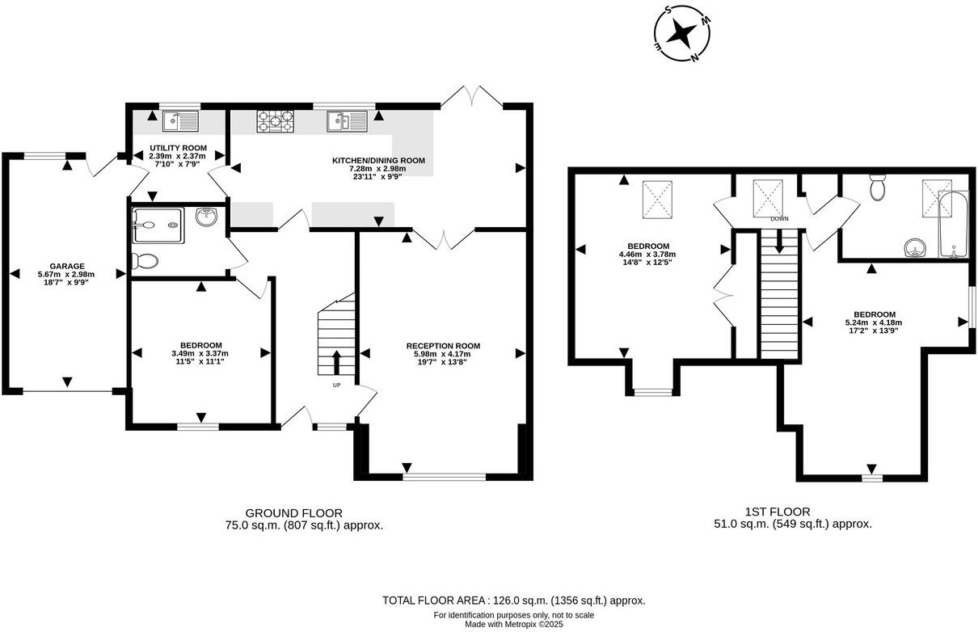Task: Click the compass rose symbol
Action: point(683,34)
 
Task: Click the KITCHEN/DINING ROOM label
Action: point(378,161)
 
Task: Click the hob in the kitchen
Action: point(276,122)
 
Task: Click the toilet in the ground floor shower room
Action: point(145,262)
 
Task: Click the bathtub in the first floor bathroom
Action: point(953,225)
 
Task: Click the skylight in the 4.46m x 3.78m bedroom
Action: point(658,200)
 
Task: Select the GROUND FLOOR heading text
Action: point(293,513)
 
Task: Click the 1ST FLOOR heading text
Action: point(777,512)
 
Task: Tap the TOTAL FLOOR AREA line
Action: point(513,600)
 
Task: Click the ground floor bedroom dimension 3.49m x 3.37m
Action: point(200,353)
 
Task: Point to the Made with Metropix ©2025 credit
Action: point(513,624)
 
